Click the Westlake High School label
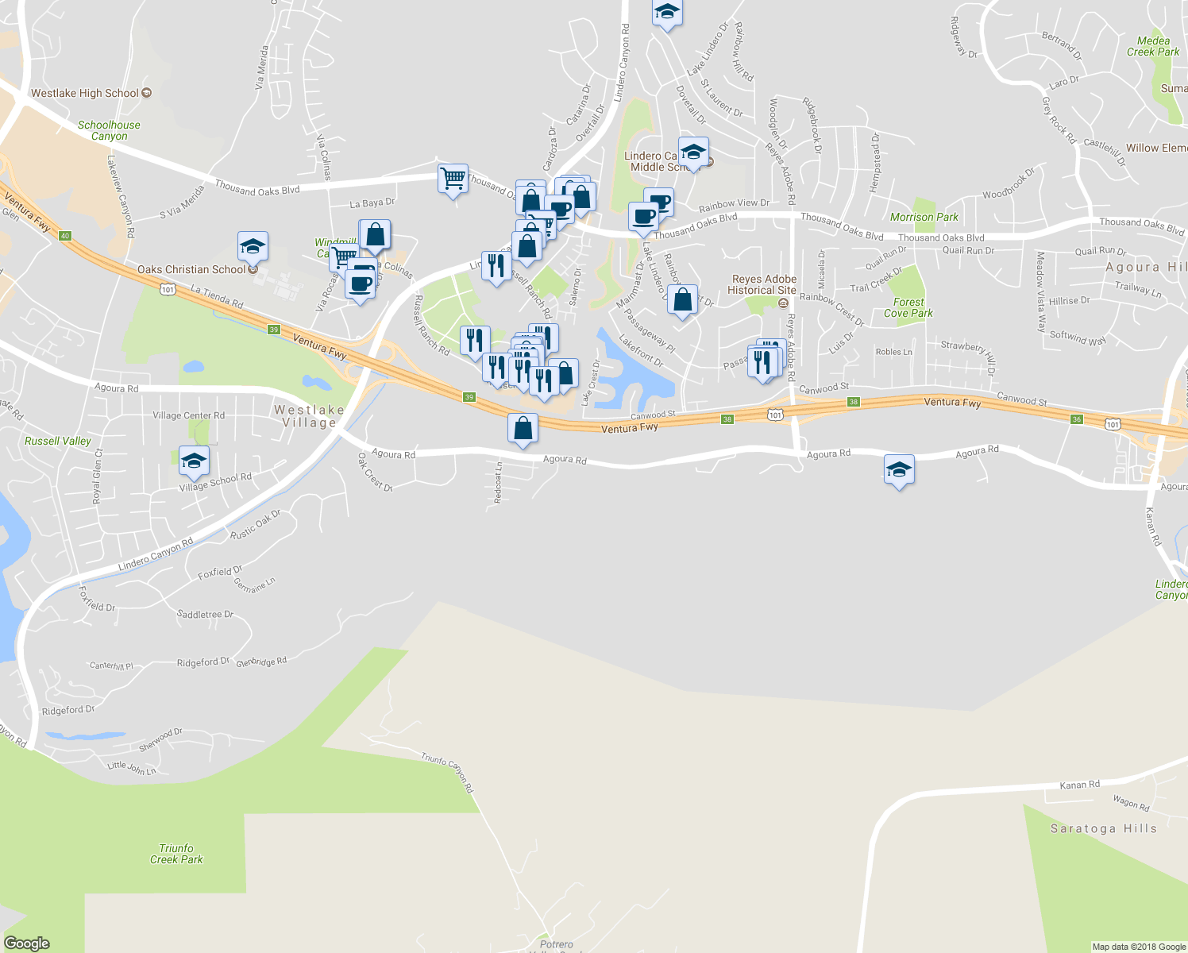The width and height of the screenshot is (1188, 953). point(85,93)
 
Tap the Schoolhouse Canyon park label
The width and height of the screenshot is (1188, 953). point(109,130)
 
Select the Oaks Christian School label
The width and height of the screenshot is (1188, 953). point(191,269)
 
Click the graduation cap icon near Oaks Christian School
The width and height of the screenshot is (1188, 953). point(253,247)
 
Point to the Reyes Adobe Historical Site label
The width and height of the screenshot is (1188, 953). point(762,284)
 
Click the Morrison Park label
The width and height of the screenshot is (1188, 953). point(924,217)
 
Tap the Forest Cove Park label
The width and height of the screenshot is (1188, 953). point(908,307)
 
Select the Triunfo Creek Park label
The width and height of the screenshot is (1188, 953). point(176,854)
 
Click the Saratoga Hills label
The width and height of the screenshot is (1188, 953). point(1103,828)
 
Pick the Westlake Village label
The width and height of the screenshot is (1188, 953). point(309,416)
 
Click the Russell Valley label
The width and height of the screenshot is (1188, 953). point(57,441)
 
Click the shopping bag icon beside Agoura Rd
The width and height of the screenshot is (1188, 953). point(523,429)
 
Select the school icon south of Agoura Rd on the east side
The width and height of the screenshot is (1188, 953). point(899,470)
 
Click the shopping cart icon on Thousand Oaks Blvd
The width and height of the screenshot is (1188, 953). point(453,179)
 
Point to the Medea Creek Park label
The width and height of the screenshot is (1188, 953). point(1153,46)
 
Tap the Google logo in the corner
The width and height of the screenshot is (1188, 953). point(26,943)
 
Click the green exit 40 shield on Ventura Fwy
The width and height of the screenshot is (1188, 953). point(65,236)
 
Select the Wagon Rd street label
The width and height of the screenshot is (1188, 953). point(1131,804)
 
